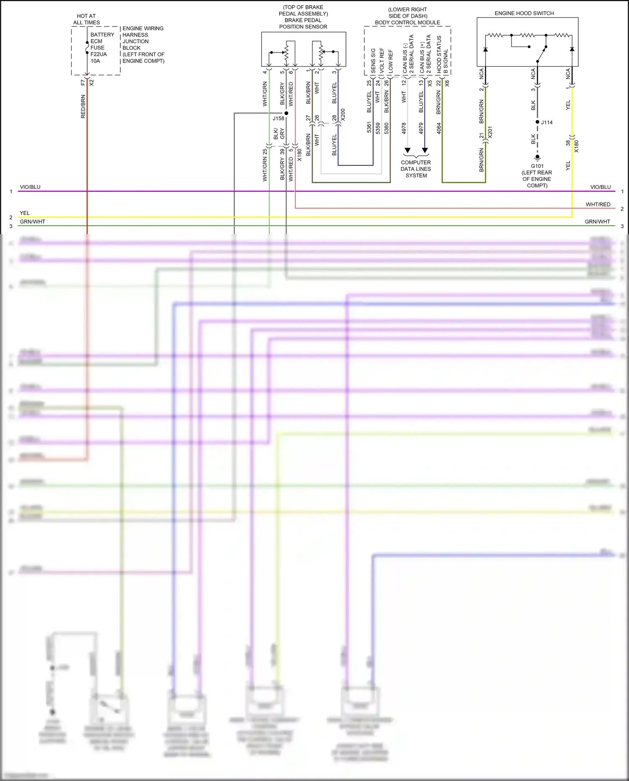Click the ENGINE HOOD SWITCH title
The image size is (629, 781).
pyautogui.click(x=524, y=13)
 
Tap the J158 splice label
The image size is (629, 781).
pyautogui.click(x=278, y=119)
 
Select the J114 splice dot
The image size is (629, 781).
pyautogui.click(x=538, y=122)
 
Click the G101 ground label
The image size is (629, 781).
pyautogui.click(x=537, y=166)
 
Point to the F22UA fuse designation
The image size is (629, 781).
pyautogui.click(x=99, y=54)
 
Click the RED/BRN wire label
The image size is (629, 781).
pyautogui.click(x=83, y=106)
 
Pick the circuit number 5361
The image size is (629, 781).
pyautogui.click(x=369, y=128)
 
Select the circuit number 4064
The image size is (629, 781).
pyautogui.click(x=439, y=128)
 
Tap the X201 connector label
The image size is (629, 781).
pyautogui.click(x=490, y=133)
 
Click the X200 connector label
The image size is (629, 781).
pyautogui.click(x=343, y=115)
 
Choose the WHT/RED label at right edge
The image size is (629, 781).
pyautogui.click(x=598, y=204)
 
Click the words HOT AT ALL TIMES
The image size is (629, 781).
pyautogui.click(x=86, y=19)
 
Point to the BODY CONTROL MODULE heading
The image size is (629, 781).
pyautogui.click(x=408, y=23)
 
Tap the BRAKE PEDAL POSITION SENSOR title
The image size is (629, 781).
pyautogui.click(x=303, y=24)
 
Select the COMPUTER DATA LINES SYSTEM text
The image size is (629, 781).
pyautogui.click(x=416, y=169)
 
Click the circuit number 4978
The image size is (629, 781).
pyautogui.click(x=404, y=128)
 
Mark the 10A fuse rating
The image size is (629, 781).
pyautogui.click(x=95, y=61)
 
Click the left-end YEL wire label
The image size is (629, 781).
pyautogui.click(x=25, y=213)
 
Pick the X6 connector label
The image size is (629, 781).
pyautogui.click(x=447, y=84)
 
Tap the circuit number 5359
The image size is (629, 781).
pyautogui.click(x=378, y=128)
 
